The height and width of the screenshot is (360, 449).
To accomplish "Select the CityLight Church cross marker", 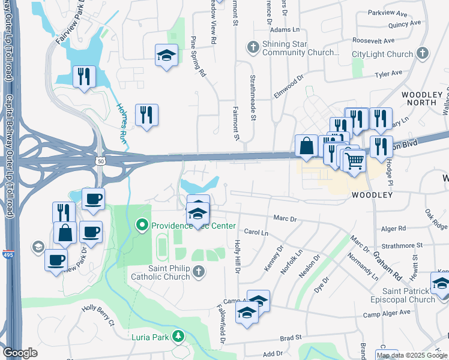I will [x=422, y=54].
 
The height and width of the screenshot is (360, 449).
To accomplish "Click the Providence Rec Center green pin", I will [x=142, y=226].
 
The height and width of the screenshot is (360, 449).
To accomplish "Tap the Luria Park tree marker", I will [x=178, y=336].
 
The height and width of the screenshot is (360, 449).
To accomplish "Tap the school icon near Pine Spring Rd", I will [x=166, y=55].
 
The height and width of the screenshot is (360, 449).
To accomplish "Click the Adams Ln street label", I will [x=285, y=29].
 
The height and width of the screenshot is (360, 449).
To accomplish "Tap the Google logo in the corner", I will [x=20, y=353].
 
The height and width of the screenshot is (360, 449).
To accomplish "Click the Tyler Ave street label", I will [x=388, y=73].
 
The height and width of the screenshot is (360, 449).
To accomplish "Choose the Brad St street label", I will [x=290, y=338].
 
